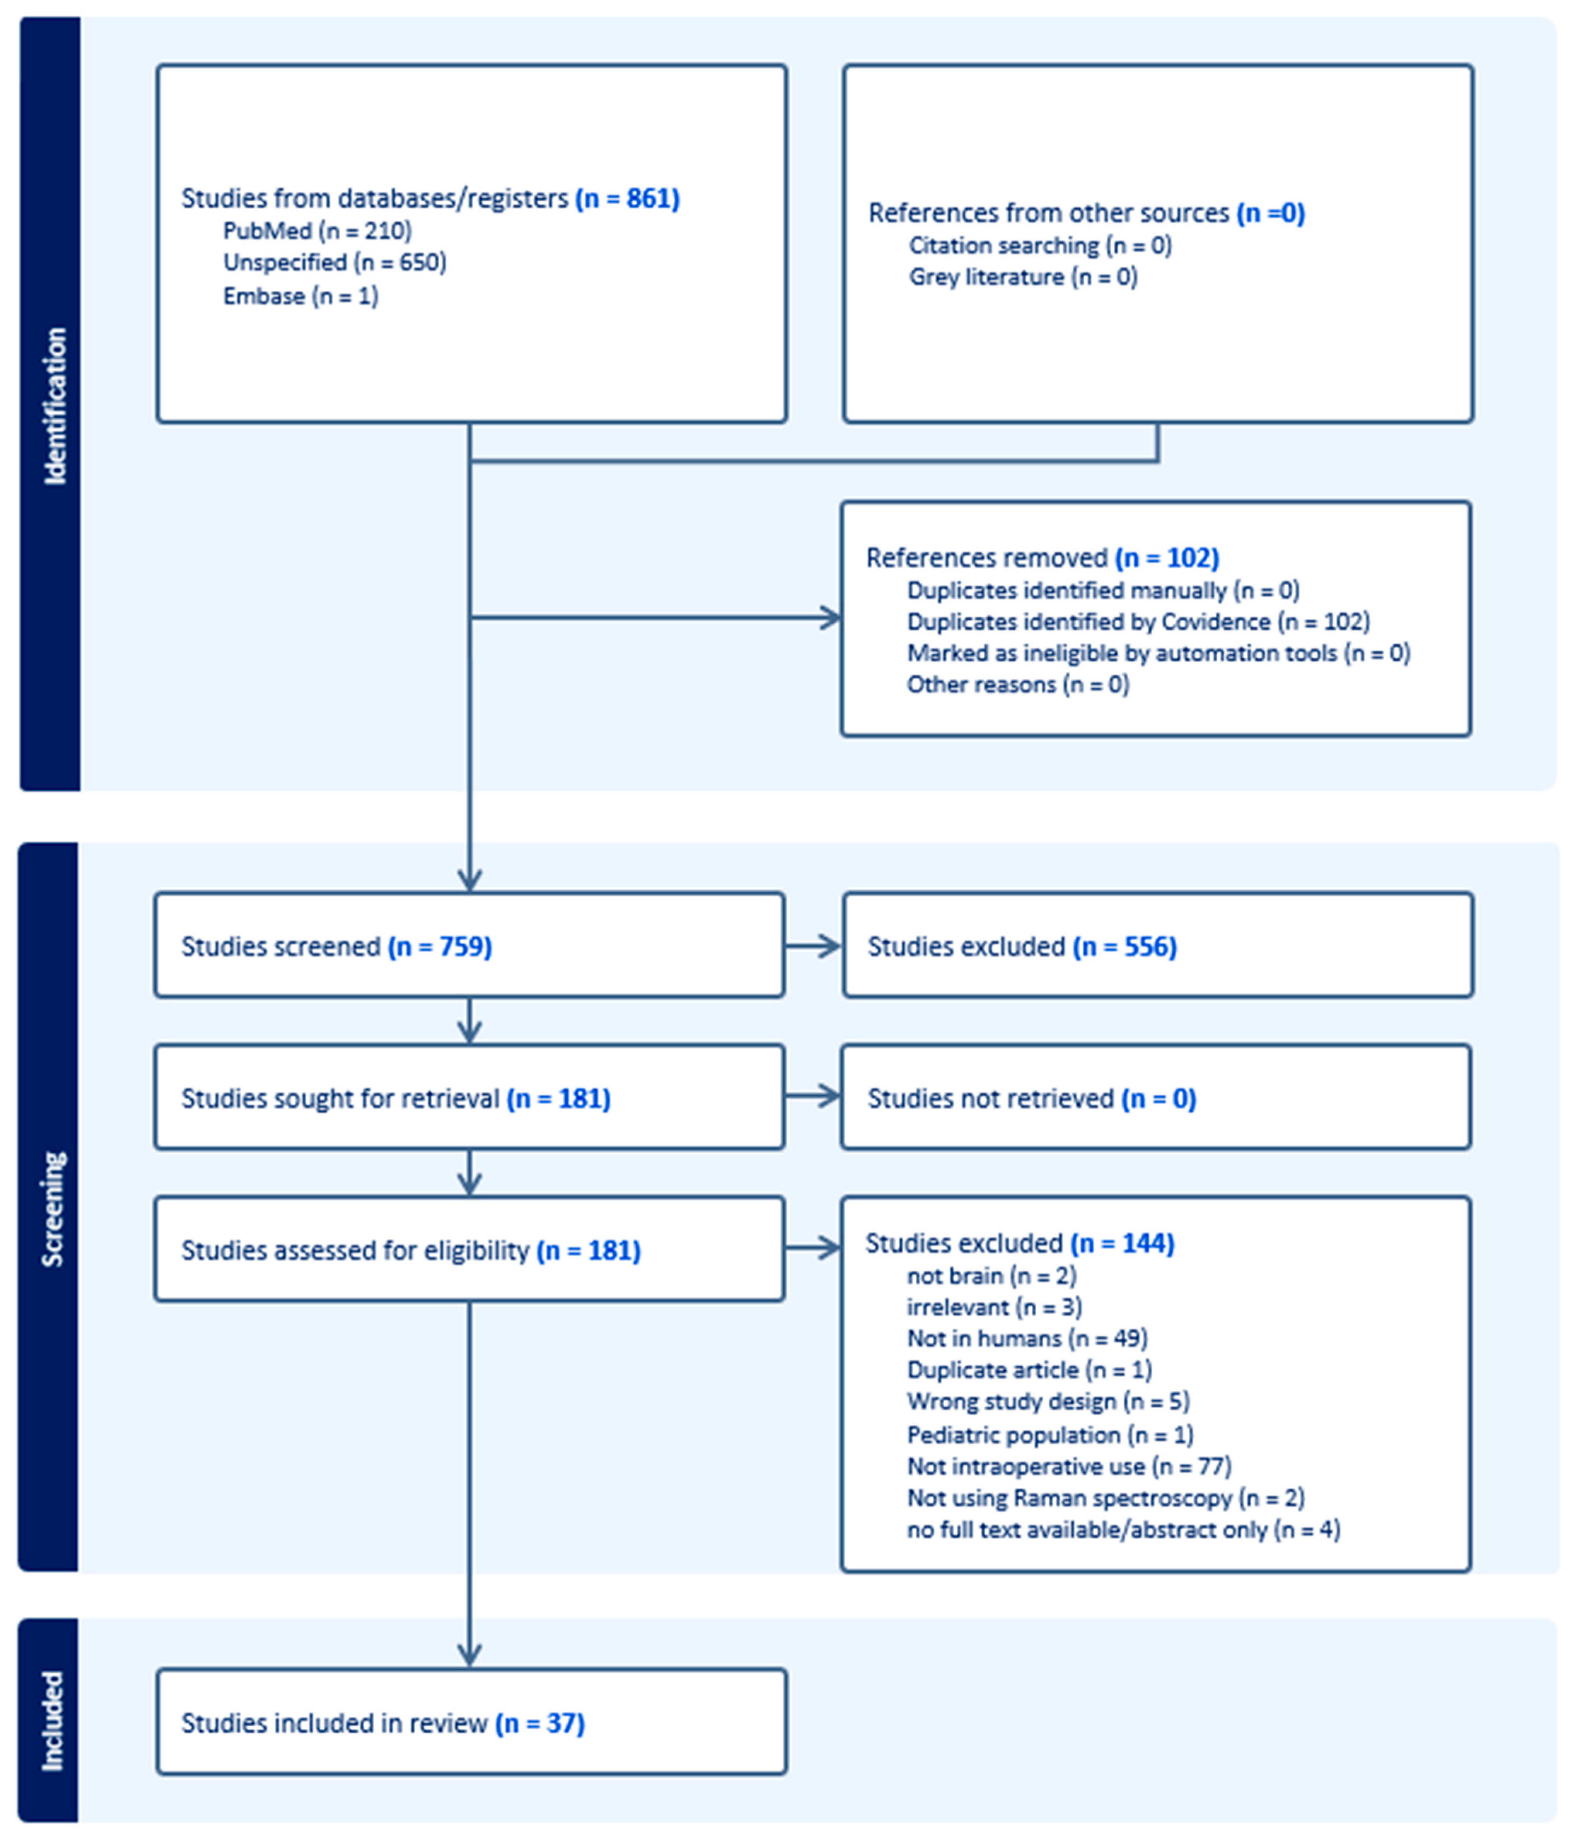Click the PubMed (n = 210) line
tap(317, 231)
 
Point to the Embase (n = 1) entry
tap(300, 296)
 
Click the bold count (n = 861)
tap(627, 198)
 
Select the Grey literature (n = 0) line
tap(1022, 277)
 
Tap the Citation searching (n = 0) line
tap(1039, 245)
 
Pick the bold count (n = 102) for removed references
tap(1166, 558)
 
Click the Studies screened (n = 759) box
tap(469, 946)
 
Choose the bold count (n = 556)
tap(1125, 947)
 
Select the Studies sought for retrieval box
tap(469, 1097)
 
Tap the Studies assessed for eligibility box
tap(469, 1249)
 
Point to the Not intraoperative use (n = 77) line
tap(1069, 1466)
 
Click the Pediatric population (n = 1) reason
tap(1050, 1435)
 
